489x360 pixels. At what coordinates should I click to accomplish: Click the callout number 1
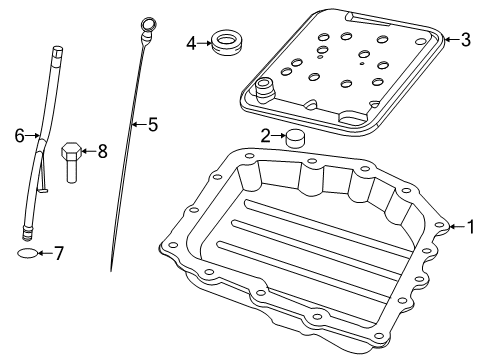[470, 227]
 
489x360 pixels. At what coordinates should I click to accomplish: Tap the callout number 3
[465, 40]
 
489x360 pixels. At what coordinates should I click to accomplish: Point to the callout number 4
[191, 42]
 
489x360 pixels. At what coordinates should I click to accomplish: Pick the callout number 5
[152, 125]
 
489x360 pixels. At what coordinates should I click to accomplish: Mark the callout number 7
[58, 254]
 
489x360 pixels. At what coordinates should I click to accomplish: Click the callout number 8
[101, 151]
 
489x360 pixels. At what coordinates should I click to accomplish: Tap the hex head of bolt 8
[72, 152]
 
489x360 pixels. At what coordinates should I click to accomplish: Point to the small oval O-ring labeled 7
[29, 254]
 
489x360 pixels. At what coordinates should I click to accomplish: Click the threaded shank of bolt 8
[73, 172]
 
